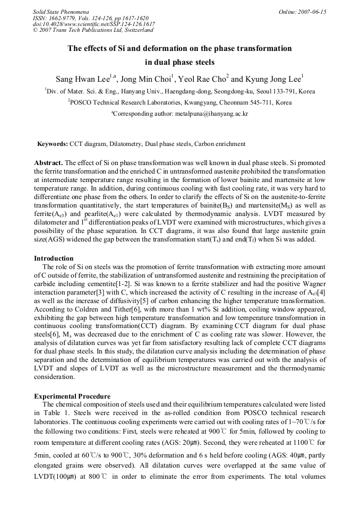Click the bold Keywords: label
tap(53, 144)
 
